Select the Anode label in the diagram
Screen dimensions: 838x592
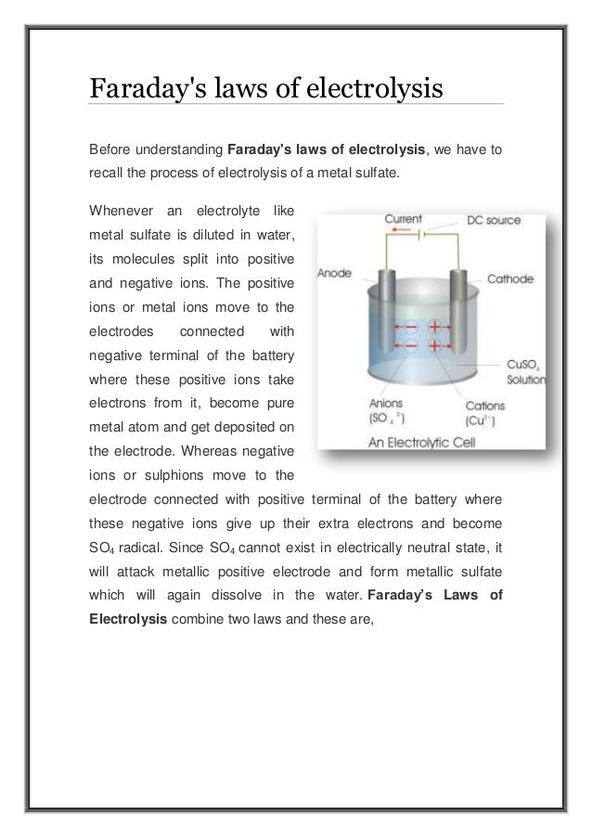(x=335, y=274)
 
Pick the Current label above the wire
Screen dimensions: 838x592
(x=405, y=220)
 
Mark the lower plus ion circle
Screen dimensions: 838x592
(x=433, y=346)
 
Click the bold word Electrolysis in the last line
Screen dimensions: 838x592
(x=126, y=613)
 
